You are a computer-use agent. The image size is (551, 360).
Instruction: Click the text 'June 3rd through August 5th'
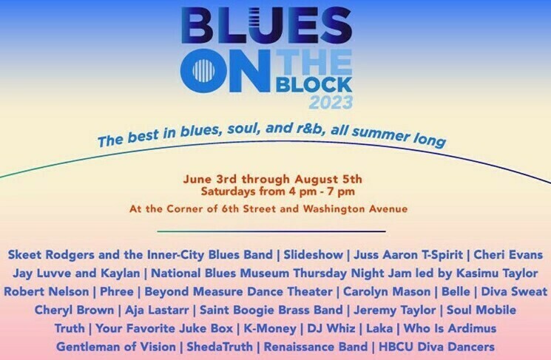[x=274, y=178]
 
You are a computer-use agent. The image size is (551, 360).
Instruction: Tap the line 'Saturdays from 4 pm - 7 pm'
[x=277, y=191]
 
